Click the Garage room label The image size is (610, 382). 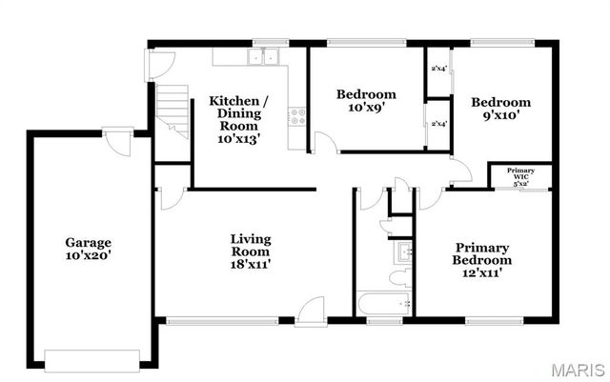pos(89,249)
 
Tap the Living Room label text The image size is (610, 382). pos(251,251)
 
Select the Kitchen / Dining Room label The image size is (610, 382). pos(238,118)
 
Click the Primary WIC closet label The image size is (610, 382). pos(520,177)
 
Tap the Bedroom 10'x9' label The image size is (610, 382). pos(366,101)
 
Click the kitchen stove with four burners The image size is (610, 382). pos(297,118)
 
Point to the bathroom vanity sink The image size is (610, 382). pos(402,252)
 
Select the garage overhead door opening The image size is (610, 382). pos(92,359)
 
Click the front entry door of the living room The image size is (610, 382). pos(311,312)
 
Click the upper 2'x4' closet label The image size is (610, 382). pos(438,69)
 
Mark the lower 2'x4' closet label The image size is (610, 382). pos(438,124)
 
